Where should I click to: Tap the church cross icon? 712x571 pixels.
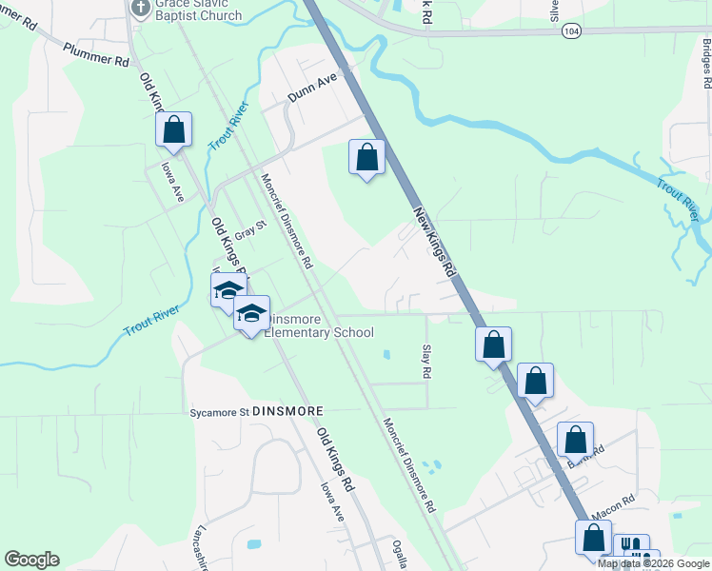coord(140,7)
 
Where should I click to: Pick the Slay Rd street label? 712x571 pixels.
coord(426,363)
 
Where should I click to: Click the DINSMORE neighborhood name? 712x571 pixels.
coord(288,411)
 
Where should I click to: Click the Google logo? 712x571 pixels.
coord(31,560)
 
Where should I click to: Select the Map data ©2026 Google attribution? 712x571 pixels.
coord(654,563)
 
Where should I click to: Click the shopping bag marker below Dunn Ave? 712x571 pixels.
coord(366,155)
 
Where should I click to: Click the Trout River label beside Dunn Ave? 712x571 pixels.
coord(228,125)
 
